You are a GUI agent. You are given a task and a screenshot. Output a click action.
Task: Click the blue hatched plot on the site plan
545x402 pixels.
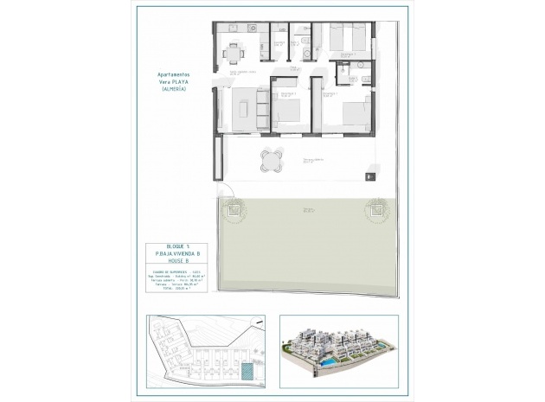[247, 370]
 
